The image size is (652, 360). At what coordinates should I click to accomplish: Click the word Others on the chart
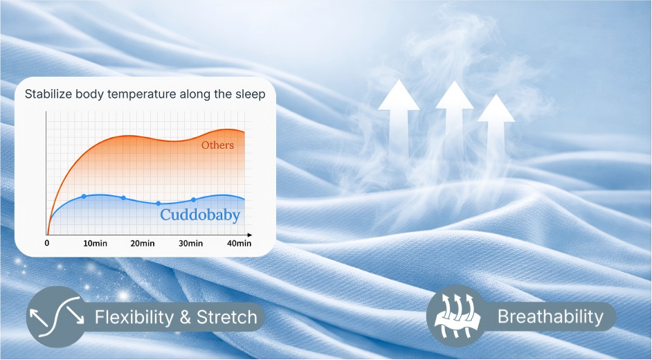tap(217, 145)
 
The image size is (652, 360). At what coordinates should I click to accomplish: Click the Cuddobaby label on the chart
tap(200, 215)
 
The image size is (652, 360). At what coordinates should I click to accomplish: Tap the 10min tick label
tap(96, 243)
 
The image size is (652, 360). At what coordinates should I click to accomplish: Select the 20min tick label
tap(143, 243)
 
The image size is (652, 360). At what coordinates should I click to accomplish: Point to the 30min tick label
tap(191, 243)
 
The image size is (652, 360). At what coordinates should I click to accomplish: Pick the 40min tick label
tap(239, 243)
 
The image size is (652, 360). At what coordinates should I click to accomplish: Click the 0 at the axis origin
tap(47, 243)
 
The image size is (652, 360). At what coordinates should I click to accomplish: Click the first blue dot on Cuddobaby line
tap(84, 196)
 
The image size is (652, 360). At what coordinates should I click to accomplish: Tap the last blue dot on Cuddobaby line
tap(193, 199)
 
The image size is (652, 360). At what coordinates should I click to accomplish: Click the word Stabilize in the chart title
tap(48, 94)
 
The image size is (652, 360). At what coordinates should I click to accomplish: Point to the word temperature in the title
tap(141, 94)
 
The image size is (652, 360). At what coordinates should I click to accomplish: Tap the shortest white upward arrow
tap(496, 129)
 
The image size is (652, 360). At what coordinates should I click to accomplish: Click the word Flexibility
tap(134, 318)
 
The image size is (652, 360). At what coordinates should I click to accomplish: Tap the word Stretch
tap(226, 318)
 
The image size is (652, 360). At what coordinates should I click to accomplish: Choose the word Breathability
tap(550, 317)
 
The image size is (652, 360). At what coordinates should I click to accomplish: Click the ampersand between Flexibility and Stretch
tap(185, 318)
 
